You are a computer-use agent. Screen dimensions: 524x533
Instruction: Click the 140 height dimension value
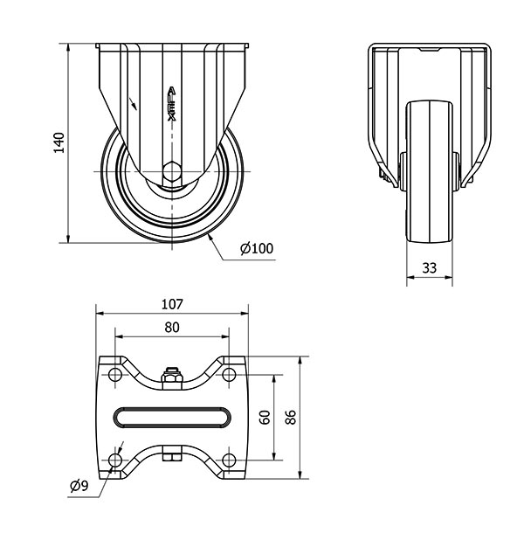pyautogui.click(x=59, y=142)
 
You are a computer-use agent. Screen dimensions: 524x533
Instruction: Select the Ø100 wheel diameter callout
pyautogui.click(x=257, y=248)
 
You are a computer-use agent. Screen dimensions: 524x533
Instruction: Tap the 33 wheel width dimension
pyautogui.click(x=429, y=268)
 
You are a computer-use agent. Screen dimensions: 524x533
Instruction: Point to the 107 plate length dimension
pyautogui.click(x=172, y=304)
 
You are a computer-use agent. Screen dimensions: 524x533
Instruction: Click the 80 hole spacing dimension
pyautogui.click(x=172, y=328)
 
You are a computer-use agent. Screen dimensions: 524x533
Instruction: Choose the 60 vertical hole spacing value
pyautogui.click(x=265, y=417)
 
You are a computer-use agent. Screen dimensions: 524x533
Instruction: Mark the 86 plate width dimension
pyautogui.click(x=291, y=417)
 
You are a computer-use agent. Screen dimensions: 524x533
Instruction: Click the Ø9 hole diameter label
pyautogui.click(x=79, y=486)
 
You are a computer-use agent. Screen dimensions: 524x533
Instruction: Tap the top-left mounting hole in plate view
pyautogui.click(x=115, y=375)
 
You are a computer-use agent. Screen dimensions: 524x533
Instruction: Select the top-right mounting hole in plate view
pyautogui.click(x=229, y=375)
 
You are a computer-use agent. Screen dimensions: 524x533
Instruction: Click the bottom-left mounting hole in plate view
pyautogui.click(x=115, y=460)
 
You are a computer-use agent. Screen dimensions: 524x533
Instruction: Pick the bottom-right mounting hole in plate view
pyautogui.click(x=229, y=460)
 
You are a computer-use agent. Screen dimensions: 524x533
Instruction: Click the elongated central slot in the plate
pyautogui.click(x=172, y=418)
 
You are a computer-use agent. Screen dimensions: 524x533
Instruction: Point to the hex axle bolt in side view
pyautogui.click(x=172, y=171)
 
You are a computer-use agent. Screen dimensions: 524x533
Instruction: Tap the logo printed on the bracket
pyautogui.click(x=172, y=104)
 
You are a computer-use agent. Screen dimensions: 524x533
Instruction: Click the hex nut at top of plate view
pyautogui.click(x=172, y=377)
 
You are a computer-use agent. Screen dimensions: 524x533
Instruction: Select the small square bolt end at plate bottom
pyautogui.click(x=172, y=457)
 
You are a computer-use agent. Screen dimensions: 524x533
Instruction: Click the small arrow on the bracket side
pyautogui.click(x=133, y=104)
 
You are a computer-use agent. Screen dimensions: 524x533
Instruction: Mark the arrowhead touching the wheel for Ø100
pyautogui.click(x=210, y=238)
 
